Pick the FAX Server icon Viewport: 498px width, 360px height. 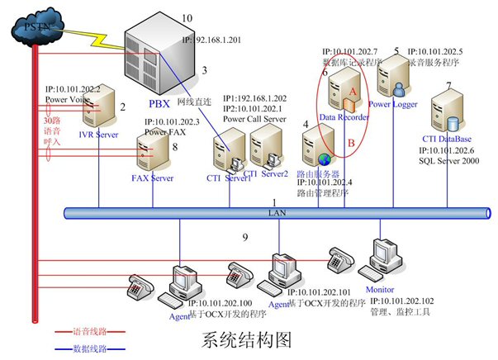(x=149, y=153)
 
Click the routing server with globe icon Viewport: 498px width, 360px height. (x=317, y=148)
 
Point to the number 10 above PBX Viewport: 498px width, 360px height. (x=186, y=17)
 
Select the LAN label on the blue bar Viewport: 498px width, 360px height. (x=276, y=214)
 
